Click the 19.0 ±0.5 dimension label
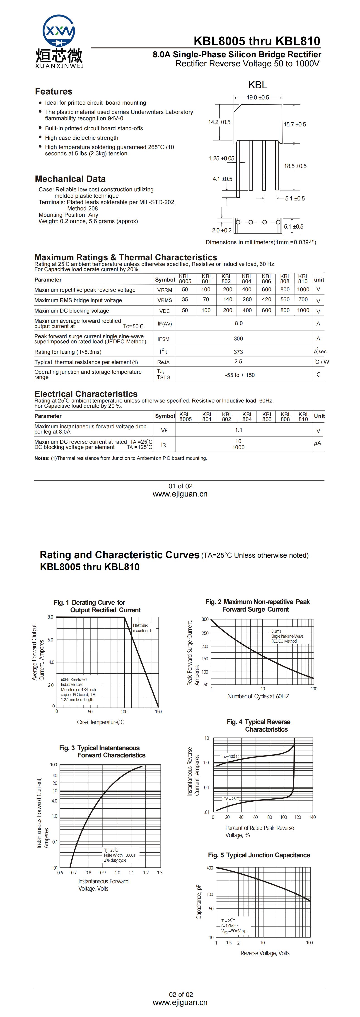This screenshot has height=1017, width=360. point(258,98)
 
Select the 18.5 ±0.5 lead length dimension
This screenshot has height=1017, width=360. point(295,166)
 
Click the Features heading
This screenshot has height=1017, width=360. point(54,92)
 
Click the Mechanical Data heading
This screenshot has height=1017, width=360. point(70,179)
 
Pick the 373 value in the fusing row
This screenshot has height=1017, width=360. point(238,352)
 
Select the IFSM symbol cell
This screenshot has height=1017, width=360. point(163,339)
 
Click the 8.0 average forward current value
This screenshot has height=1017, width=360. point(238,323)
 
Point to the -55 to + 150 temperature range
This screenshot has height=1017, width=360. point(240,375)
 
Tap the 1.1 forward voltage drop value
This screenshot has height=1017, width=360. point(238,430)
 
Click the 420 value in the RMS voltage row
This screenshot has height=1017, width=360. point(266,300)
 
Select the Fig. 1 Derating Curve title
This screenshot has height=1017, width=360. point(97,606)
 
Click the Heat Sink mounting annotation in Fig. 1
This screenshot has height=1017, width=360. point(143,628)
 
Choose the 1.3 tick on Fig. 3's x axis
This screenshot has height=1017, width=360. point(159,872)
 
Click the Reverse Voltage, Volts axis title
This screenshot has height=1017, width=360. point(265,953)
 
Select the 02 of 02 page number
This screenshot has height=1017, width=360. point(181,995)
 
